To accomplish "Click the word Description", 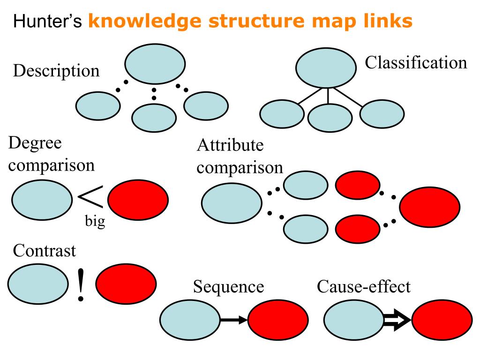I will click(56, 71).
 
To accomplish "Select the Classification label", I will click(416, 62).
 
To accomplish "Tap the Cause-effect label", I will click(363, 286).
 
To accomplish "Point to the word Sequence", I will click(228, 286).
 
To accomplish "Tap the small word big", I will click(95, 221).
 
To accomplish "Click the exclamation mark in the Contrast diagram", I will click(82, 285).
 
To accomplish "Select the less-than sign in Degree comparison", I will click(91, 198).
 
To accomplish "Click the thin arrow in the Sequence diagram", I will click(233, 321).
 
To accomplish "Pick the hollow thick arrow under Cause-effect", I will click(397, 321).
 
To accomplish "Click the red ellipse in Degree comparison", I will click(138, 199).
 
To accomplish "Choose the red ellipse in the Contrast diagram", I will click(126, 285).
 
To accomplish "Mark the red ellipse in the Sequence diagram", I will click(278, 321).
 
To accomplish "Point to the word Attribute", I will click(230, 145).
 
